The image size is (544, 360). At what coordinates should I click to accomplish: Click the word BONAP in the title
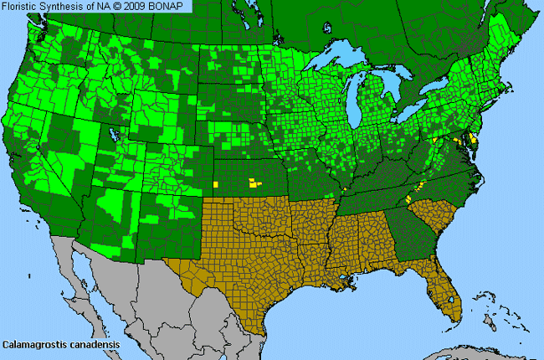point(172,6)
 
